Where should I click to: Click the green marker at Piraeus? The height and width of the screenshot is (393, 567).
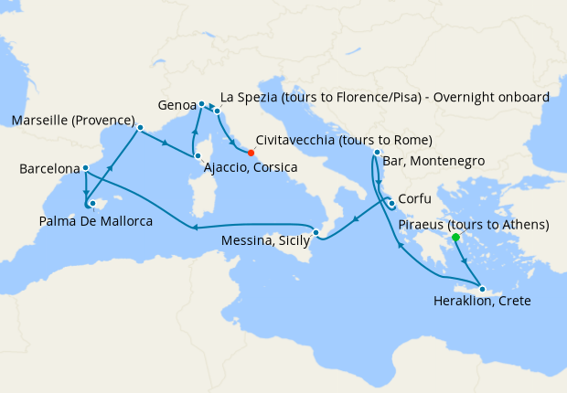455,238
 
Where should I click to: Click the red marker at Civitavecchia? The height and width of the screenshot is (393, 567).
251,153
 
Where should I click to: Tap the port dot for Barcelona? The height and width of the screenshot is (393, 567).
85,168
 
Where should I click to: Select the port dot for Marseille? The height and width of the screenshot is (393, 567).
140,127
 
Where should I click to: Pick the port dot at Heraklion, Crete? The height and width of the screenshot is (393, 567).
482,289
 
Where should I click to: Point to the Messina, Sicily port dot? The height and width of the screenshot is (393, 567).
316,232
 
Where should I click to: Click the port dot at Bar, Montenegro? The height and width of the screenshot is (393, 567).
377,152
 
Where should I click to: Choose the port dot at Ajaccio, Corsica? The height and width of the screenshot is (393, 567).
197,156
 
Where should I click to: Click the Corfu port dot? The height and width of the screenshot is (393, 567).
391,203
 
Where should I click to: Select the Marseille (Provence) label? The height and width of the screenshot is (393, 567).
73,121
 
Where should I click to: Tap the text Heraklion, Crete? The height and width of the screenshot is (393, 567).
481,302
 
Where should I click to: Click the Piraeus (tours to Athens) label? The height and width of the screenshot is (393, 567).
479,224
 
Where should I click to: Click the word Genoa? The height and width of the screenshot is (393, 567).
176,105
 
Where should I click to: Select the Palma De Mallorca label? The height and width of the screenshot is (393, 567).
94,220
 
